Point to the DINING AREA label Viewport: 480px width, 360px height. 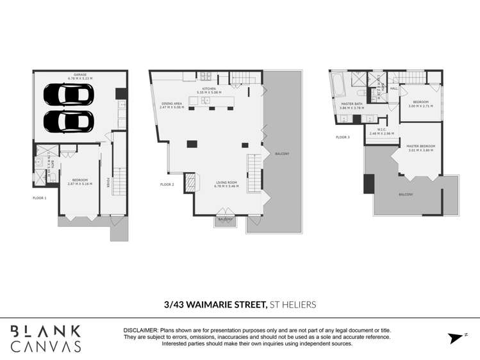[172, 103]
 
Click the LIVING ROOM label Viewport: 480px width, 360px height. [226, 183]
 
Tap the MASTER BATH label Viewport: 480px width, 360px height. [352, 104]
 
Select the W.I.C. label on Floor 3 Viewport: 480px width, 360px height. [381, 129]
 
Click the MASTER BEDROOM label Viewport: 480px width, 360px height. [420, 146]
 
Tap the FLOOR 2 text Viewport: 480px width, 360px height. [167, 184]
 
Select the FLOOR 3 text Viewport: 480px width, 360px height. [343, 137]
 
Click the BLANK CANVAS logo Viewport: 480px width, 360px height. [45, 338]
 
